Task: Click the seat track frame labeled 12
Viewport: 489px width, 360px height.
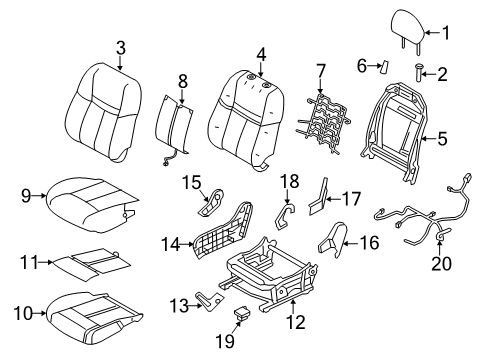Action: [x=270, y=291]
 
